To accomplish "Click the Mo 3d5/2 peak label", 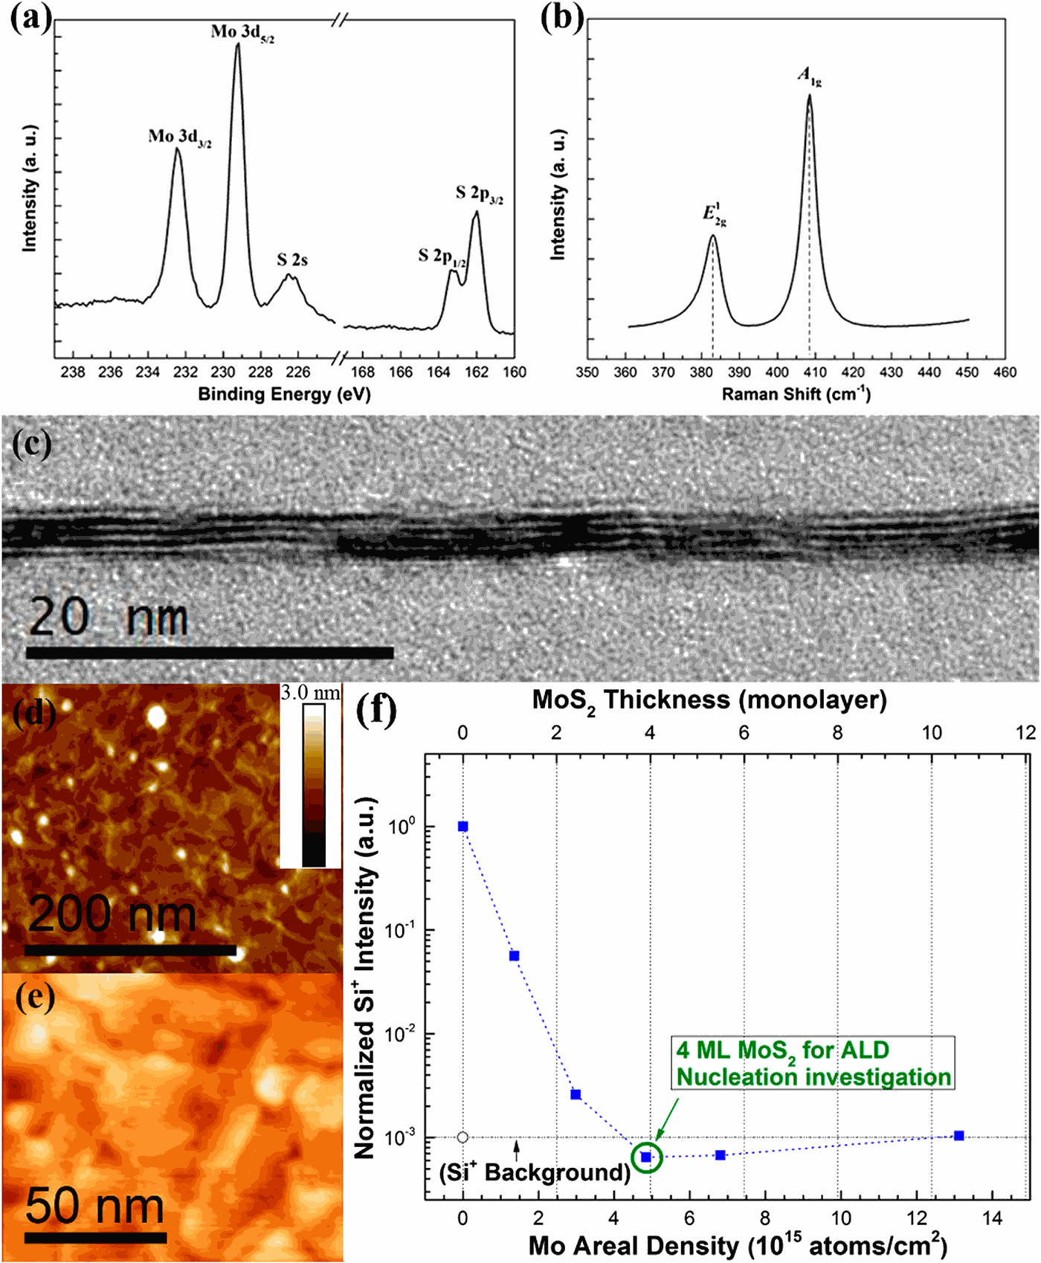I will point(242,33).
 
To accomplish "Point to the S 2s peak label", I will point(292,260).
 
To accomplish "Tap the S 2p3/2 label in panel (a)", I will point(479,195).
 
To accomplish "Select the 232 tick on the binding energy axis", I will point(186,372).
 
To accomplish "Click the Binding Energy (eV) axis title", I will point(283,394).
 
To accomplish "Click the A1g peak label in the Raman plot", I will point(809,76).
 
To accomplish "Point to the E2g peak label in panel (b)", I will point(714,214).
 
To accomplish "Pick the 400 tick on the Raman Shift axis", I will point(777,372).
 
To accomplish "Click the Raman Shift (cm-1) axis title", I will point(796,394).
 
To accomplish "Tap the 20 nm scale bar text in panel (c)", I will point(108,617).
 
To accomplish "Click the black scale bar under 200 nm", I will point(130,950).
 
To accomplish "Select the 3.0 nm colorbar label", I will point(310,693).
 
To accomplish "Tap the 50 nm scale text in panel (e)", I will point(94,1206).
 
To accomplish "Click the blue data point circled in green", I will point(646,1157).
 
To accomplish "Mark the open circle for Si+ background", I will point(463,1137).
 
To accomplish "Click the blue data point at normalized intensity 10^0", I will point(463,827).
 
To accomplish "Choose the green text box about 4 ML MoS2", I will point(813,1064).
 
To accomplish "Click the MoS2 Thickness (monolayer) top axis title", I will point(709,700).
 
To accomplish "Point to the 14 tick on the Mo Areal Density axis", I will point(993,1218).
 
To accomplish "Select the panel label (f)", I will point(376,710).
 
